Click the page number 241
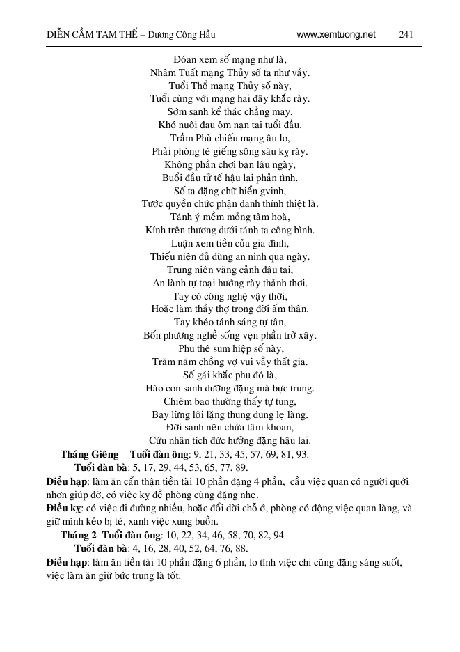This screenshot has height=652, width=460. pos(409,33)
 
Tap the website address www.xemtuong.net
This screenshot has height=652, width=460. pos(335,33)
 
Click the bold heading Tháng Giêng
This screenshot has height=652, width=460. pos(86,454)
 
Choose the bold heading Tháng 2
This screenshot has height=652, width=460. pos(79,535)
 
